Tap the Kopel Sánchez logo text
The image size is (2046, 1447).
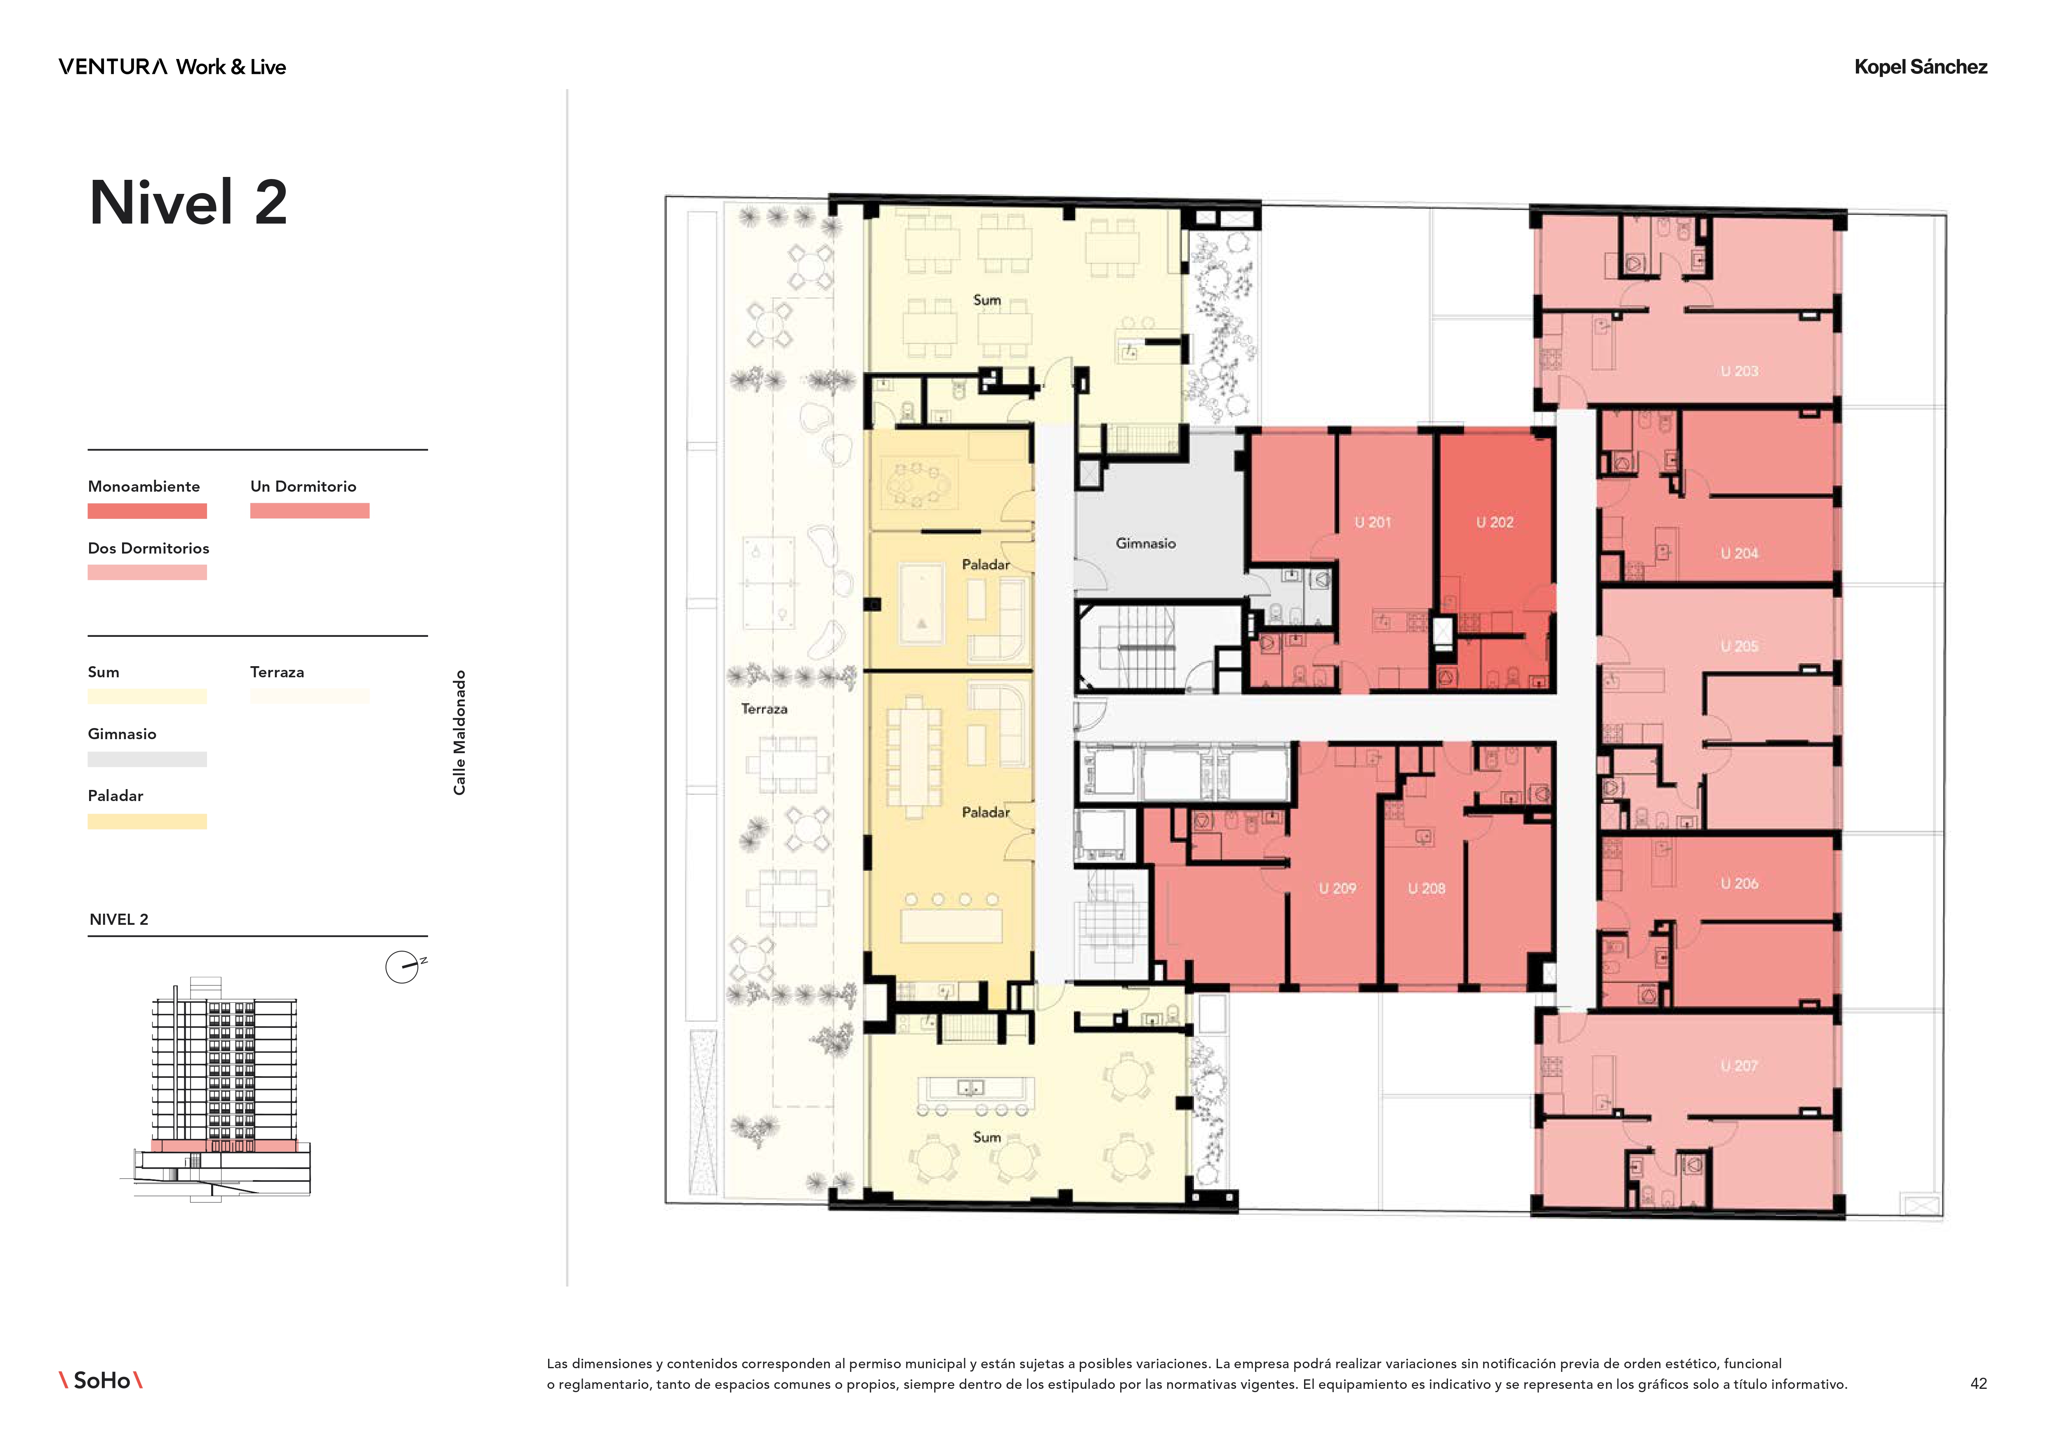click(1920, 67)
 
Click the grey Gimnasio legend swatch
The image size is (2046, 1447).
click(147, 759)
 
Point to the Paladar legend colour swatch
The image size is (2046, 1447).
click(147, 822)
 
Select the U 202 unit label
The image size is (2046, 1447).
click(1495, 522)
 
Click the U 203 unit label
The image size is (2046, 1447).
click(1740, 371)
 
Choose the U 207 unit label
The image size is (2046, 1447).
click(1740, 1065)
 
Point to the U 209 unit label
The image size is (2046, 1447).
click(1337, 888)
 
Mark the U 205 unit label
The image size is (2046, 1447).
click(1740, 646)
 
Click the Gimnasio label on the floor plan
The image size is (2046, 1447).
click(1146, 544)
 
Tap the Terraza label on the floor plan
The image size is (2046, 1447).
click(765, 709)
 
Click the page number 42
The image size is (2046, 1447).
click(1978, 1384)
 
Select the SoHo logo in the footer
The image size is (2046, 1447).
click(101, 1380)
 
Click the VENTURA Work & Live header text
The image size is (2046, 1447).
click(172, 67)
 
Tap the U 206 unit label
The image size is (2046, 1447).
click(1740, 883)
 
